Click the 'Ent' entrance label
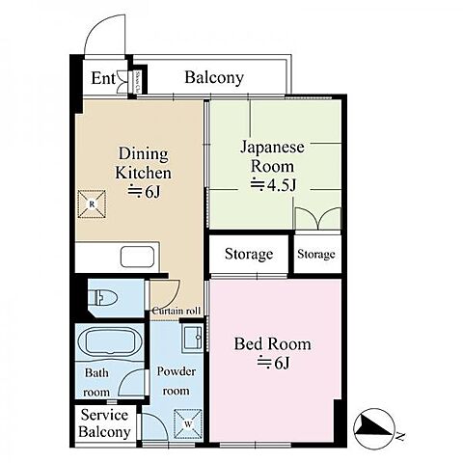[x=101, y=79]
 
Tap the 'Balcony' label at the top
[x=213, y=77]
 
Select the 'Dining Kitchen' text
[x=144, y=164]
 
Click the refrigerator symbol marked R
[x=91, y=204]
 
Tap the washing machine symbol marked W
[x=185, y=422]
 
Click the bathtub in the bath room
[x=109, y=342]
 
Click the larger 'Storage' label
[x=248, y=255]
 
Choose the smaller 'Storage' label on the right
[x=316, y=255]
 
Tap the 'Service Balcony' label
[x=105, y=423]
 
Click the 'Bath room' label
[x=96, y=382]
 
